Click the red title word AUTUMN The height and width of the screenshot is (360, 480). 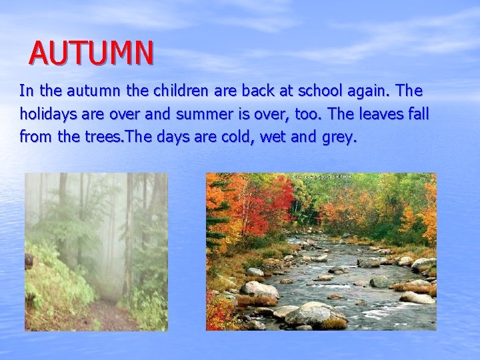(x=91, y=53)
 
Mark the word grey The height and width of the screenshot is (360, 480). (x=338, y=138)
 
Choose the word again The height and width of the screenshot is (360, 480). (x=377, y=90)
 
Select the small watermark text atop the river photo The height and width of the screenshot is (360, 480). (x=319, y=177)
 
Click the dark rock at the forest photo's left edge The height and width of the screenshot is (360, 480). (x=29, y=261)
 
